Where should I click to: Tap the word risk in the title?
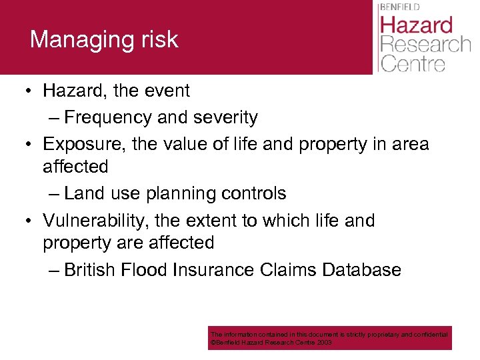[x=161, y=39]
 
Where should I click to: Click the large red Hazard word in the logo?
[x=416, y=26]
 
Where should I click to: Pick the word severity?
[x=224, y=117]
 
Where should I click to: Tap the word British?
[x=90, y=270]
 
